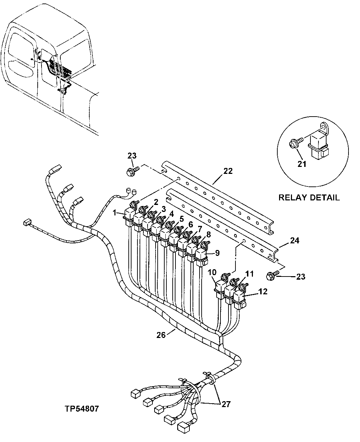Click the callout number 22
(228, 171)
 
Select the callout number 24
(294, 241)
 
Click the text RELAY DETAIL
(309, 198)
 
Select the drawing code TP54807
(81, 408)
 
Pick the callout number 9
(217, 253)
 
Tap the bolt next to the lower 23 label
(271, 276)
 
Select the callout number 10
(212, 272)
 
